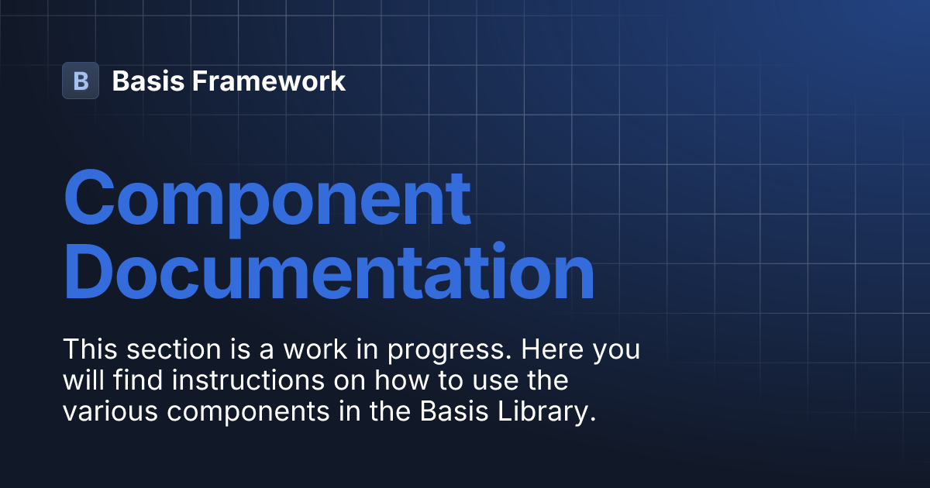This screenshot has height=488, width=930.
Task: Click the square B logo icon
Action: [x=81, y=81]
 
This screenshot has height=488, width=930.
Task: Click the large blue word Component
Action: [x=267, y=198]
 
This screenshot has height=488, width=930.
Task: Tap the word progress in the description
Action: [x=449, y=351]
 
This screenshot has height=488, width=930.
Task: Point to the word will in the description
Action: [x=83, y=380]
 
